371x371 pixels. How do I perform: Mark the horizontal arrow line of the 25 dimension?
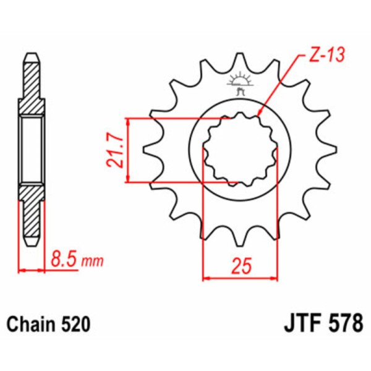tap(239, 277)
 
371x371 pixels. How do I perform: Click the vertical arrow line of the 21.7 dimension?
tap(128, 150)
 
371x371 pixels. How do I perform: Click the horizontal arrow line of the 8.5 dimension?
tap(33, 270)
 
